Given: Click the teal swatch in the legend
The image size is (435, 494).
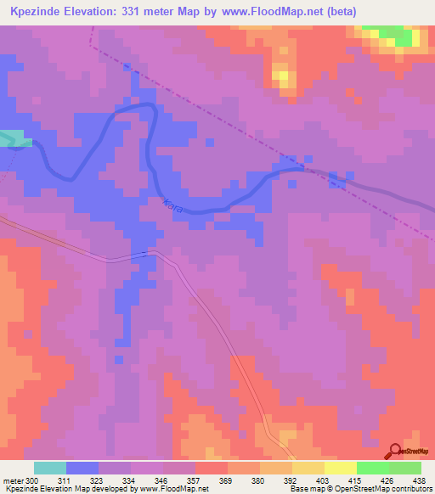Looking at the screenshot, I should (50, 468).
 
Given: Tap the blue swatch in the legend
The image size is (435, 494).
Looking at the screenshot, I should (82, 468).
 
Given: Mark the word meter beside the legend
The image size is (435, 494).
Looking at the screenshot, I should (13, 480).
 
